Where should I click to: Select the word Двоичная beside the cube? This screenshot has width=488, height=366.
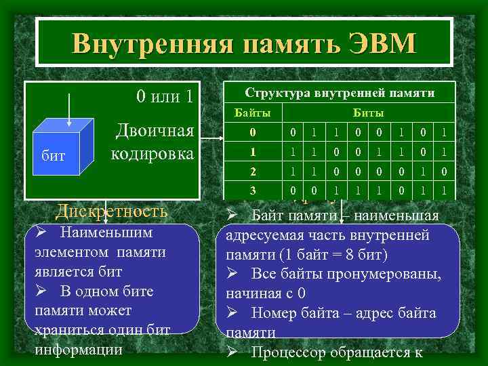click(x=155, y=131)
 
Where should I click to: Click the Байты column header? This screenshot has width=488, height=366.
click(x=252, y=112)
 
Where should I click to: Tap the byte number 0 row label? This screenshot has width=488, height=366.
click(x=252, y=131)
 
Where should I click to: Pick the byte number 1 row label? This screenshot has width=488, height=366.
click(x=252, y=151)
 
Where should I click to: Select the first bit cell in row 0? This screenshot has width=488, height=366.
click(x=292, y=131)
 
